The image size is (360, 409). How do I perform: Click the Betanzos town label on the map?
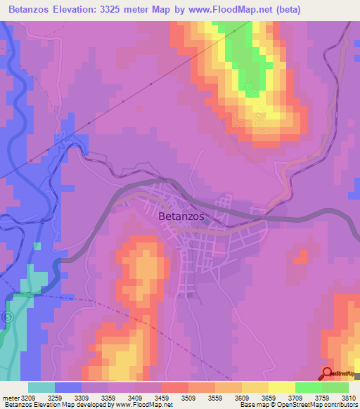pos(181,216)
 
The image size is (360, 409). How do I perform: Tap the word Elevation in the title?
pos(83,10)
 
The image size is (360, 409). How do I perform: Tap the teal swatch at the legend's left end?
pos(41,387)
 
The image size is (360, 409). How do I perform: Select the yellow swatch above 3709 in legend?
pos(281,387)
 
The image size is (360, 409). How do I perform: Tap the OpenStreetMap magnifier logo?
pos(326,374)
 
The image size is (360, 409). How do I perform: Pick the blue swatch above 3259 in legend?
pos(68,387)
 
